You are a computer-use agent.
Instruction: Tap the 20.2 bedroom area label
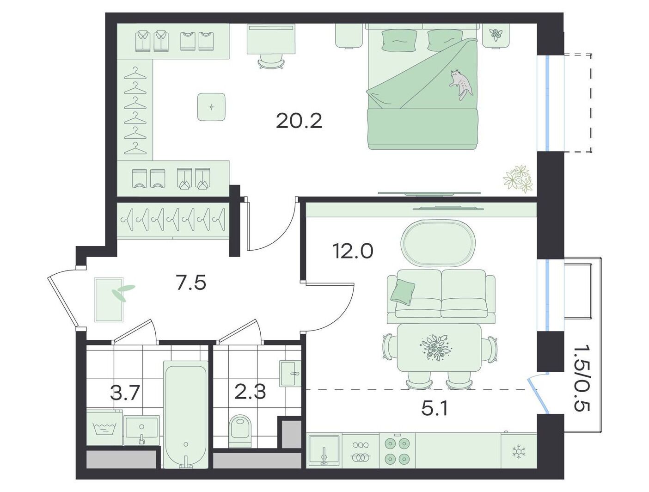click(299, 121)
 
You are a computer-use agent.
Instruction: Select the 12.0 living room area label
click(353, 251)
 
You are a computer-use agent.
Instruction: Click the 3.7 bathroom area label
click(125, 393)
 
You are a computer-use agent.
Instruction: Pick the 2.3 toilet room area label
click(250, 392)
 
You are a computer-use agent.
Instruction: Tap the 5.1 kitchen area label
click(435, 410)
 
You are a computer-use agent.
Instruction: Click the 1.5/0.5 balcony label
click(582, 382)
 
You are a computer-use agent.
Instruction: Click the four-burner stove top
click(397, 452)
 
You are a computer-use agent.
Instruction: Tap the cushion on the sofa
click(403, 291)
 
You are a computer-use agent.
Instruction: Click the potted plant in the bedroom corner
click(518, 179)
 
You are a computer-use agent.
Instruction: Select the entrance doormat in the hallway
click(109, 300)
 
